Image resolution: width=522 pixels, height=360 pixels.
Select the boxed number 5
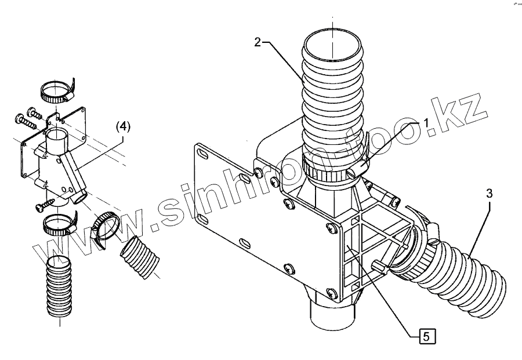(x=426, y=335)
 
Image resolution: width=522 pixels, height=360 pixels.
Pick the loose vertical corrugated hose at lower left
(x=58, y=287)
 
